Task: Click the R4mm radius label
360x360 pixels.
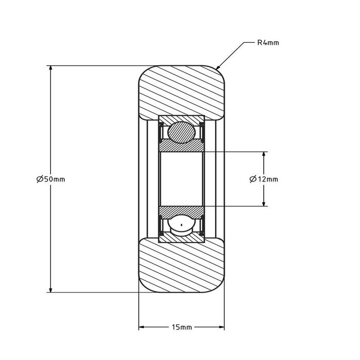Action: tap(268, 43)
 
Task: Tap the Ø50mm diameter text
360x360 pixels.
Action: tap(51, 179)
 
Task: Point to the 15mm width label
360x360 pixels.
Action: tap(182, 327)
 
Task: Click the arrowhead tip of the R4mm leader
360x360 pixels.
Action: tap(217, 69)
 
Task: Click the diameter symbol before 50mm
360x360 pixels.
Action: tap(40, 179)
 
